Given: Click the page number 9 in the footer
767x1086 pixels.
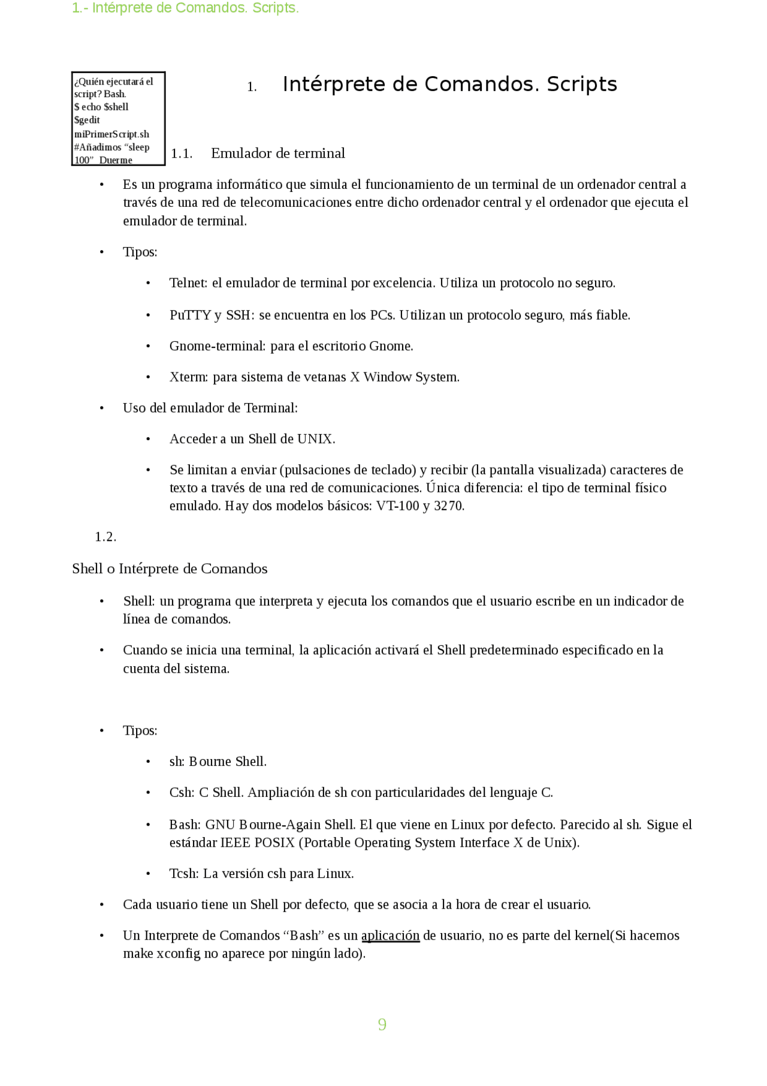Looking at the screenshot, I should coord(382,1024).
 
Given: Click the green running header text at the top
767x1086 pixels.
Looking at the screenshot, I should coord(185,8).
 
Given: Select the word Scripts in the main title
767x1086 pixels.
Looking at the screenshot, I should coord(581,85).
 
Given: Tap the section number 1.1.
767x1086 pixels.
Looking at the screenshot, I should coord(182,154).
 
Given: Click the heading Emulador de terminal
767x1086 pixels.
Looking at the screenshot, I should coord(278,154).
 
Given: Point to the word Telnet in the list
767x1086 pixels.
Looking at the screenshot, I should coord(187,283).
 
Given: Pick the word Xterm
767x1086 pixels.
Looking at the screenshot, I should coord(188,377).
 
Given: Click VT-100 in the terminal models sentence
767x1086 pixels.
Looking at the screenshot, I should coord(397,506).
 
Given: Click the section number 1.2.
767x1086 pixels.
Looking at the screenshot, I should coord(105,537).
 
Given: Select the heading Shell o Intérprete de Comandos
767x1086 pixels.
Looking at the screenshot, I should coord(170,568).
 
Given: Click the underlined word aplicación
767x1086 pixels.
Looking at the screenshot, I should coord(390,935).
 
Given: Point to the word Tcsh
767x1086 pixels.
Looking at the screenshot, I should coord(183,874).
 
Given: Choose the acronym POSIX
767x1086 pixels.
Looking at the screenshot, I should coord(274,843).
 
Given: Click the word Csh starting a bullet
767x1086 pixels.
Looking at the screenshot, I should coord(181,793).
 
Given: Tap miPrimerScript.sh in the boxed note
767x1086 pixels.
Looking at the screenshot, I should coord(111,134).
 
